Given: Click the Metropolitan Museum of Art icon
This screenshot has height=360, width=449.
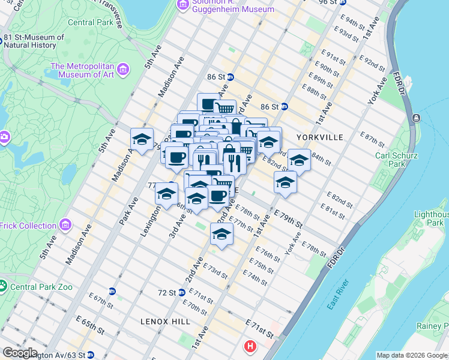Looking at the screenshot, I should point(124,70).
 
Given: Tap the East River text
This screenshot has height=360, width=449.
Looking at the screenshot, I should point(339,295).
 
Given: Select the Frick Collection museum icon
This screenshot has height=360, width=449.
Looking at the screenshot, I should point(65,226).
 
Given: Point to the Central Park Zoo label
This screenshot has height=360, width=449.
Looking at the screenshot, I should point(41,287).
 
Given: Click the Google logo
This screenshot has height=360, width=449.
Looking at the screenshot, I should point(20,353).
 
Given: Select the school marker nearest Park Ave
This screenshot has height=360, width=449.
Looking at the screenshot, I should point(142,140).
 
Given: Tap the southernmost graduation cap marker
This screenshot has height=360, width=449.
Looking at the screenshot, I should point(221,234).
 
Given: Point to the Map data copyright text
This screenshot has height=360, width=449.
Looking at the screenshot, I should point(412,355).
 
